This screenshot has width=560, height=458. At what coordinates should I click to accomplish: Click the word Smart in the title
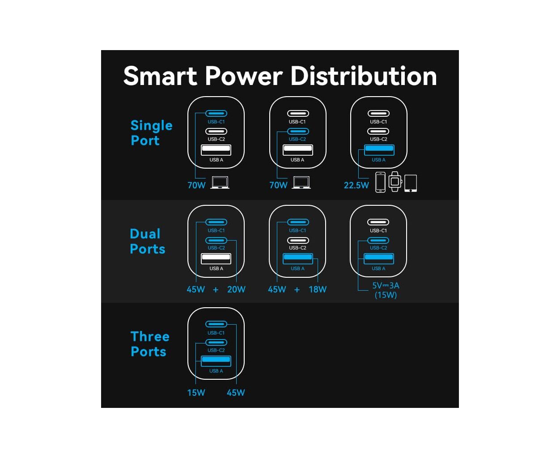pos(160,76)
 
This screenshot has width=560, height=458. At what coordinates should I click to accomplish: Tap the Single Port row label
pos(151,133)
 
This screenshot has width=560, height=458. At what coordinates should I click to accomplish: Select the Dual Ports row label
pos(147,242)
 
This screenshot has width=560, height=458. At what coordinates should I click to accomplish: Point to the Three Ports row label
pos(150,344)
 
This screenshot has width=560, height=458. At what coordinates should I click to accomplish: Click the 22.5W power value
pos(356,185)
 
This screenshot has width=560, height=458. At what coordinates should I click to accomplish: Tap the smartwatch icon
pos(395,182)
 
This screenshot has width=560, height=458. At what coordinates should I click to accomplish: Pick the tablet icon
pos(411,183)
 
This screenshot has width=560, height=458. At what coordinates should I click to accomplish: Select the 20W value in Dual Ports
pos(236,289)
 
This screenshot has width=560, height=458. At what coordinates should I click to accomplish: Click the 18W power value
pos(318,289)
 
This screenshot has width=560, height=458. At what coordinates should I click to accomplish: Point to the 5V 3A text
pos(386,285)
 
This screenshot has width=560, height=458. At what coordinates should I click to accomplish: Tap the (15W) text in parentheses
pos(386,295)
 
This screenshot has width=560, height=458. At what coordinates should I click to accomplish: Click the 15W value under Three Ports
pos(196,393)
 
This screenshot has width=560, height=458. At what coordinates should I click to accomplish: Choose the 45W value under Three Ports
pos(236,393)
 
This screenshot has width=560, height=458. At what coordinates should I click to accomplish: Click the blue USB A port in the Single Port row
pos(379,150)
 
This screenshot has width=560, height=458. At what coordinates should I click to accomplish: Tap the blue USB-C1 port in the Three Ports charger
pos(216,324)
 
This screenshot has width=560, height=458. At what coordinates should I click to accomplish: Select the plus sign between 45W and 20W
pos(216,290)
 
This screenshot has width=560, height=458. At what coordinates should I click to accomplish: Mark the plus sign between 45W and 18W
pos(297,290)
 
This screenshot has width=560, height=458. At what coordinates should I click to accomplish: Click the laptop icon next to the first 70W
pos(220,182)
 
